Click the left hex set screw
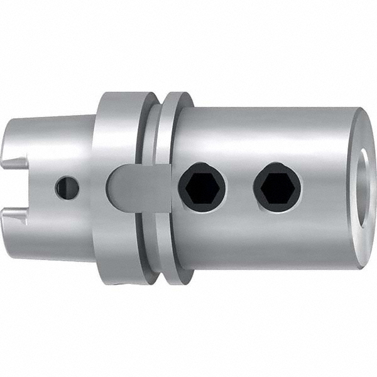[202, 186]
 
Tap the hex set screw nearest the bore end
[277, 186]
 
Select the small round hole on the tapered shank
[67, 187]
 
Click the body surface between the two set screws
[239, 186]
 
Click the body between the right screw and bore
[324, 186]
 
